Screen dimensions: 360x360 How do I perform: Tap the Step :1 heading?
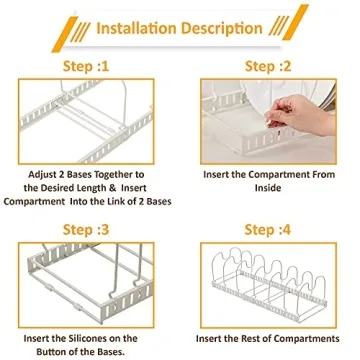[86, 66]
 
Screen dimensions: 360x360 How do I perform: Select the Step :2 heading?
[268, 66]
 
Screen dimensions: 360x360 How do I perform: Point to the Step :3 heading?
[86, 230]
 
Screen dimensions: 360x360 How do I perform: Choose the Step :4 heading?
[268, 230]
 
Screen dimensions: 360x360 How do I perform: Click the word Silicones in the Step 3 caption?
[91, 338]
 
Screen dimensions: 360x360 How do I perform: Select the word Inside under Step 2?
[268, 188]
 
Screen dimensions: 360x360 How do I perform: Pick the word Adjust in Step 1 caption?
[41, 175]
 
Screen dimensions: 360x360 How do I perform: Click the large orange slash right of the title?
[296, 22]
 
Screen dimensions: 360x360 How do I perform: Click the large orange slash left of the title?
[65, 34]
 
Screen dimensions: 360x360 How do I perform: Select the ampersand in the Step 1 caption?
[113, 188]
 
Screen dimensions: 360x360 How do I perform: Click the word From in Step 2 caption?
[322, 175]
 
